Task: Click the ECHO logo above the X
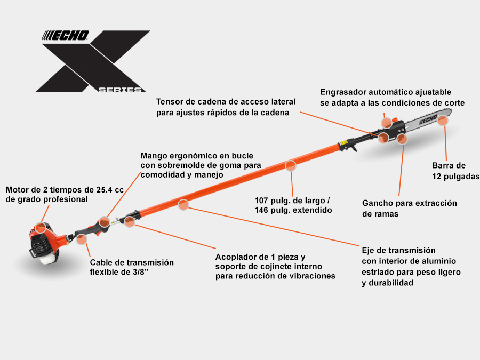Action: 65,36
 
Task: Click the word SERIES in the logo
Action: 120,90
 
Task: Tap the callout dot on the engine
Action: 40,228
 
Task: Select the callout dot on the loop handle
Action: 104,222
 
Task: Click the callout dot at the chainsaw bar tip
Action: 442,121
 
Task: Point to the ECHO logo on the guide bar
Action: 428,119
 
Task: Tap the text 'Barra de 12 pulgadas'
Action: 455,171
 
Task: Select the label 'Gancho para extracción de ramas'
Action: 409,208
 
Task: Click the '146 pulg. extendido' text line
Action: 293,210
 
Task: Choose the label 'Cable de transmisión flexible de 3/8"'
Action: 132,267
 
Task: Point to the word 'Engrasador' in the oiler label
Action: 343,92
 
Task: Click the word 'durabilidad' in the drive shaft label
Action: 391,283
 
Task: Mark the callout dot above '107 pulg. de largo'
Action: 290,166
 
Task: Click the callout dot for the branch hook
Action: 402,139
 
